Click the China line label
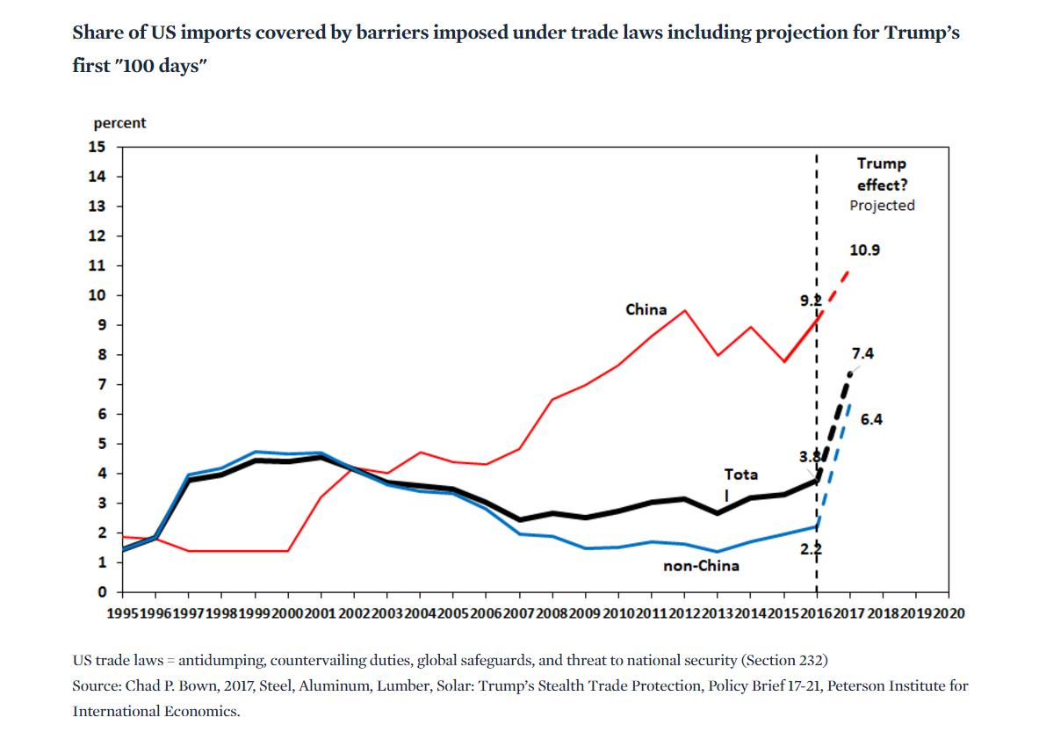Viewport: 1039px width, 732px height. coord(646,309)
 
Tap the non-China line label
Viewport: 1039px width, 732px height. coord(701,565)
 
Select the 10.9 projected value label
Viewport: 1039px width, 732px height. coord(864,250)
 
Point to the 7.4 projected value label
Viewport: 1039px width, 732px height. coord(862,353)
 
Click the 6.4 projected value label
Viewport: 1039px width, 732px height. coord(871,419)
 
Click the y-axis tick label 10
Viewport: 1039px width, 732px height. coord(97,295)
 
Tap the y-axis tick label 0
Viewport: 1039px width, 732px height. coord(101,592)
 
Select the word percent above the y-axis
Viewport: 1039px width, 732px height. coord(119,123)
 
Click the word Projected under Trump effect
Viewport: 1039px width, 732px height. coord(882,205)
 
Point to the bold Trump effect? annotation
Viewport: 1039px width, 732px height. coord(881,174)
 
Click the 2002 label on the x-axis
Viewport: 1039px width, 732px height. coord(354,612)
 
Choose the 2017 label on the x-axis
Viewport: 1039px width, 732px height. coord(848,612)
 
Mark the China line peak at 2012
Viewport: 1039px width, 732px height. coord(685,310)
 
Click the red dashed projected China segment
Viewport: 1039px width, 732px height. coord(835,288)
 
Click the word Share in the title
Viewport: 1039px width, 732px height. coord(95,33)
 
